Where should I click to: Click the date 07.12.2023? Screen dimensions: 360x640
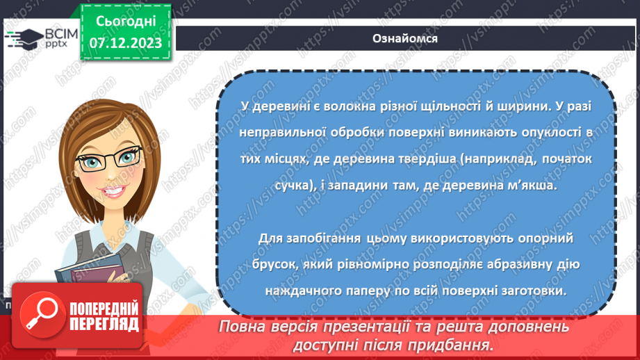point(125,42)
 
